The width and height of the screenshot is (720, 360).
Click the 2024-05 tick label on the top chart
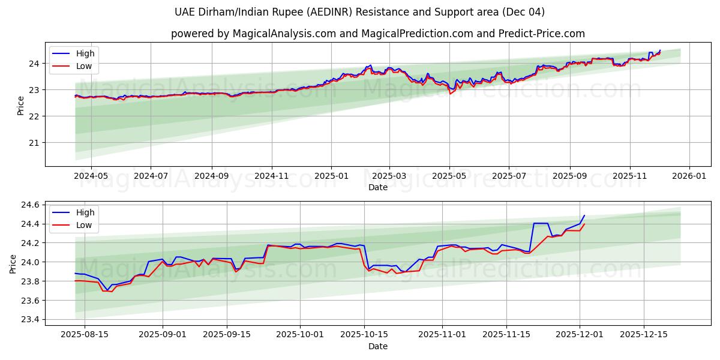point(91,176)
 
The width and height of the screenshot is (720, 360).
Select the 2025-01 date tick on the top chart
point(331,176)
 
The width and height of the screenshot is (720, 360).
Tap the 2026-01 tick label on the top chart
point(689,176)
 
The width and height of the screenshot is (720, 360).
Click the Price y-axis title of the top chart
point(21,105)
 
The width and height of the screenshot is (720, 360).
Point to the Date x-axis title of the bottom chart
point(378,346)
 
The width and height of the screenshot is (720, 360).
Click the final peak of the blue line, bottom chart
point(584,215)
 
